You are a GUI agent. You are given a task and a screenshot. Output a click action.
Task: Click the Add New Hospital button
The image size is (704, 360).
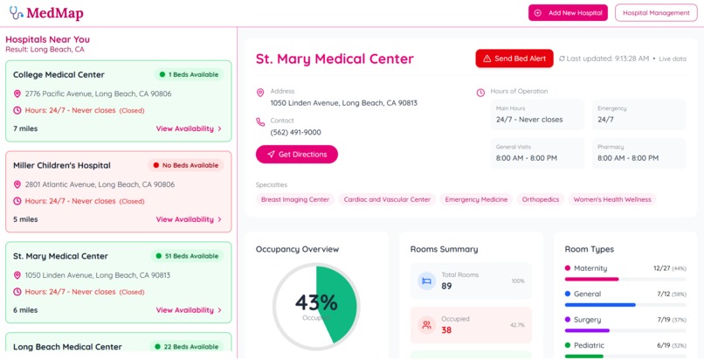click(x=568, y=13)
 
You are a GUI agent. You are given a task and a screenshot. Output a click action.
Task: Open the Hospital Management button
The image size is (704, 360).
click(x=656, y=13)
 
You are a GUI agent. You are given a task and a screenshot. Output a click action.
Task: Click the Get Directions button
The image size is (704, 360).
click(x=297, y=155)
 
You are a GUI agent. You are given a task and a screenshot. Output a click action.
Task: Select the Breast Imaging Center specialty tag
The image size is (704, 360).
click(x=295, y=199)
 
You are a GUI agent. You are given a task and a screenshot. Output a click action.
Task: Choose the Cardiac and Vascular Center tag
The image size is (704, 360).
click(x=387, y=199)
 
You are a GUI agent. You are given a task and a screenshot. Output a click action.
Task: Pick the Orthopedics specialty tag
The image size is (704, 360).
click(x=540, y=199)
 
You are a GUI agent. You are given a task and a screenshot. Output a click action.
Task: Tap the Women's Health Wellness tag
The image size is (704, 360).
click(x=612, y=199)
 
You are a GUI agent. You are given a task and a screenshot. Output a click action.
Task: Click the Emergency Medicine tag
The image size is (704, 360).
click(x=476, y=199)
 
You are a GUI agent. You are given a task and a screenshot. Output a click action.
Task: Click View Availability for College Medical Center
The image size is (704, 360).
click(x=189, y=128)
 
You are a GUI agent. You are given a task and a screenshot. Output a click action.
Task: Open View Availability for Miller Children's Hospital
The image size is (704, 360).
click(x=189, y=219)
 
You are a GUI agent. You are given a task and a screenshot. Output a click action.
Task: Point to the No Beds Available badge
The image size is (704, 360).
click(x=185, y=165)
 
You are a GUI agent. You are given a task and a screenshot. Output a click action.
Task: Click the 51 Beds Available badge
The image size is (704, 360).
click(x=186, y=256)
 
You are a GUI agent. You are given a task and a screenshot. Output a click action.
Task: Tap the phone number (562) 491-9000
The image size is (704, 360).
click(x=295, y=133)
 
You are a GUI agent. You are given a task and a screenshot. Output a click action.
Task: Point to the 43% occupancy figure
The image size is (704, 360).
click(x=316, y=302)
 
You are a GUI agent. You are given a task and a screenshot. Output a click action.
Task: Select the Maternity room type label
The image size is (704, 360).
click(x=590, y=268)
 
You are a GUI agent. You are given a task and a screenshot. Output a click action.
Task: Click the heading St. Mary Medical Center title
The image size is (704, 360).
click(x=335, y=59)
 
